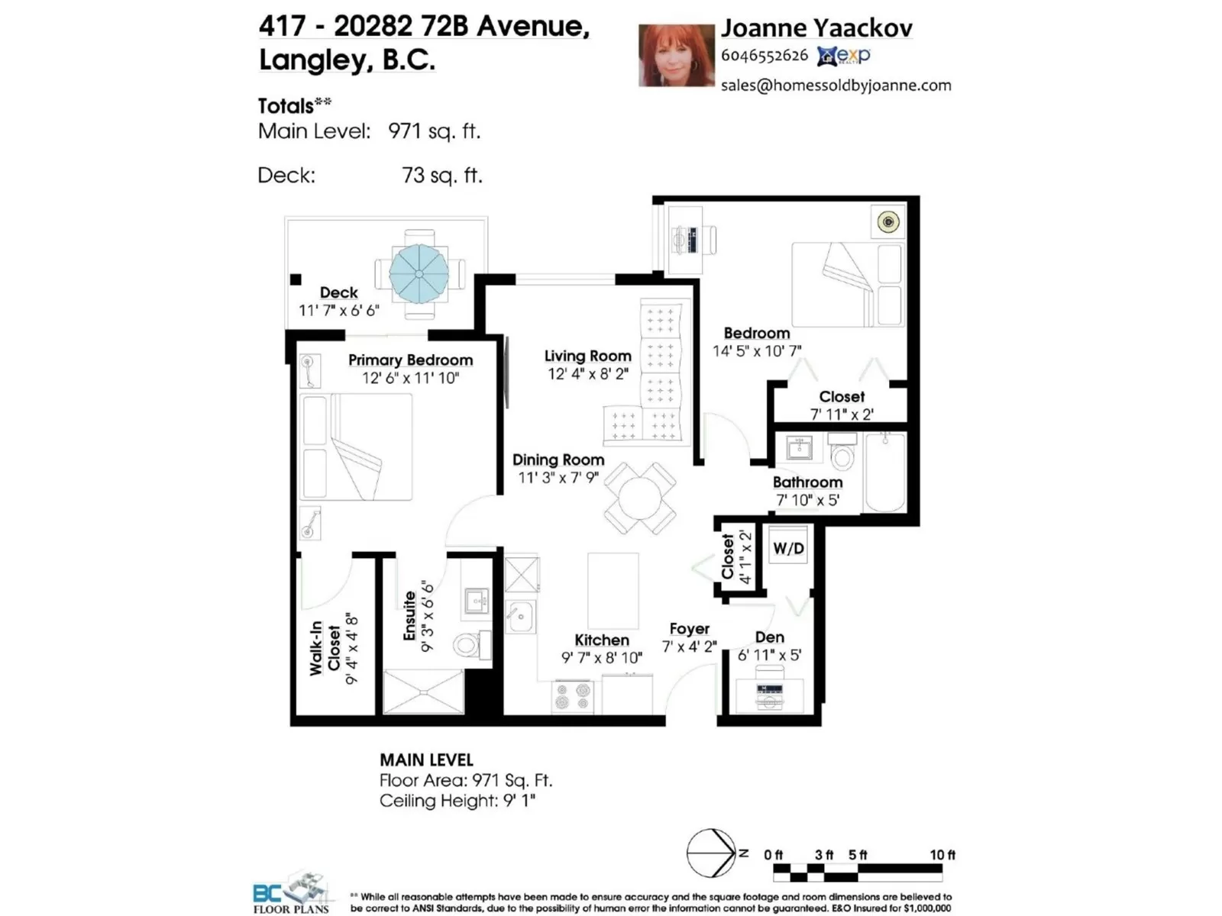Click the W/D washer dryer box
788,544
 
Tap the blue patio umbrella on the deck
419,273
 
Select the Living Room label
588,356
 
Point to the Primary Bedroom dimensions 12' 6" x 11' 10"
411,378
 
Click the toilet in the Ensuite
471,644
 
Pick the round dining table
640,498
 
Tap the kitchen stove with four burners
573,695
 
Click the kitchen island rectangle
613,590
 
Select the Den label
769,637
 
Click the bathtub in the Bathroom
885,473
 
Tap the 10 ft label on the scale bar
942,855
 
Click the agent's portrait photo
677,55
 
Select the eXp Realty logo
843,56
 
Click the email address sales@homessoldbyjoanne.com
836,85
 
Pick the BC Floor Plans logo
291,892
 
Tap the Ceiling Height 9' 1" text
457,801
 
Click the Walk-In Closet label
325,649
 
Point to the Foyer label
689,628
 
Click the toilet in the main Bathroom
842,451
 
